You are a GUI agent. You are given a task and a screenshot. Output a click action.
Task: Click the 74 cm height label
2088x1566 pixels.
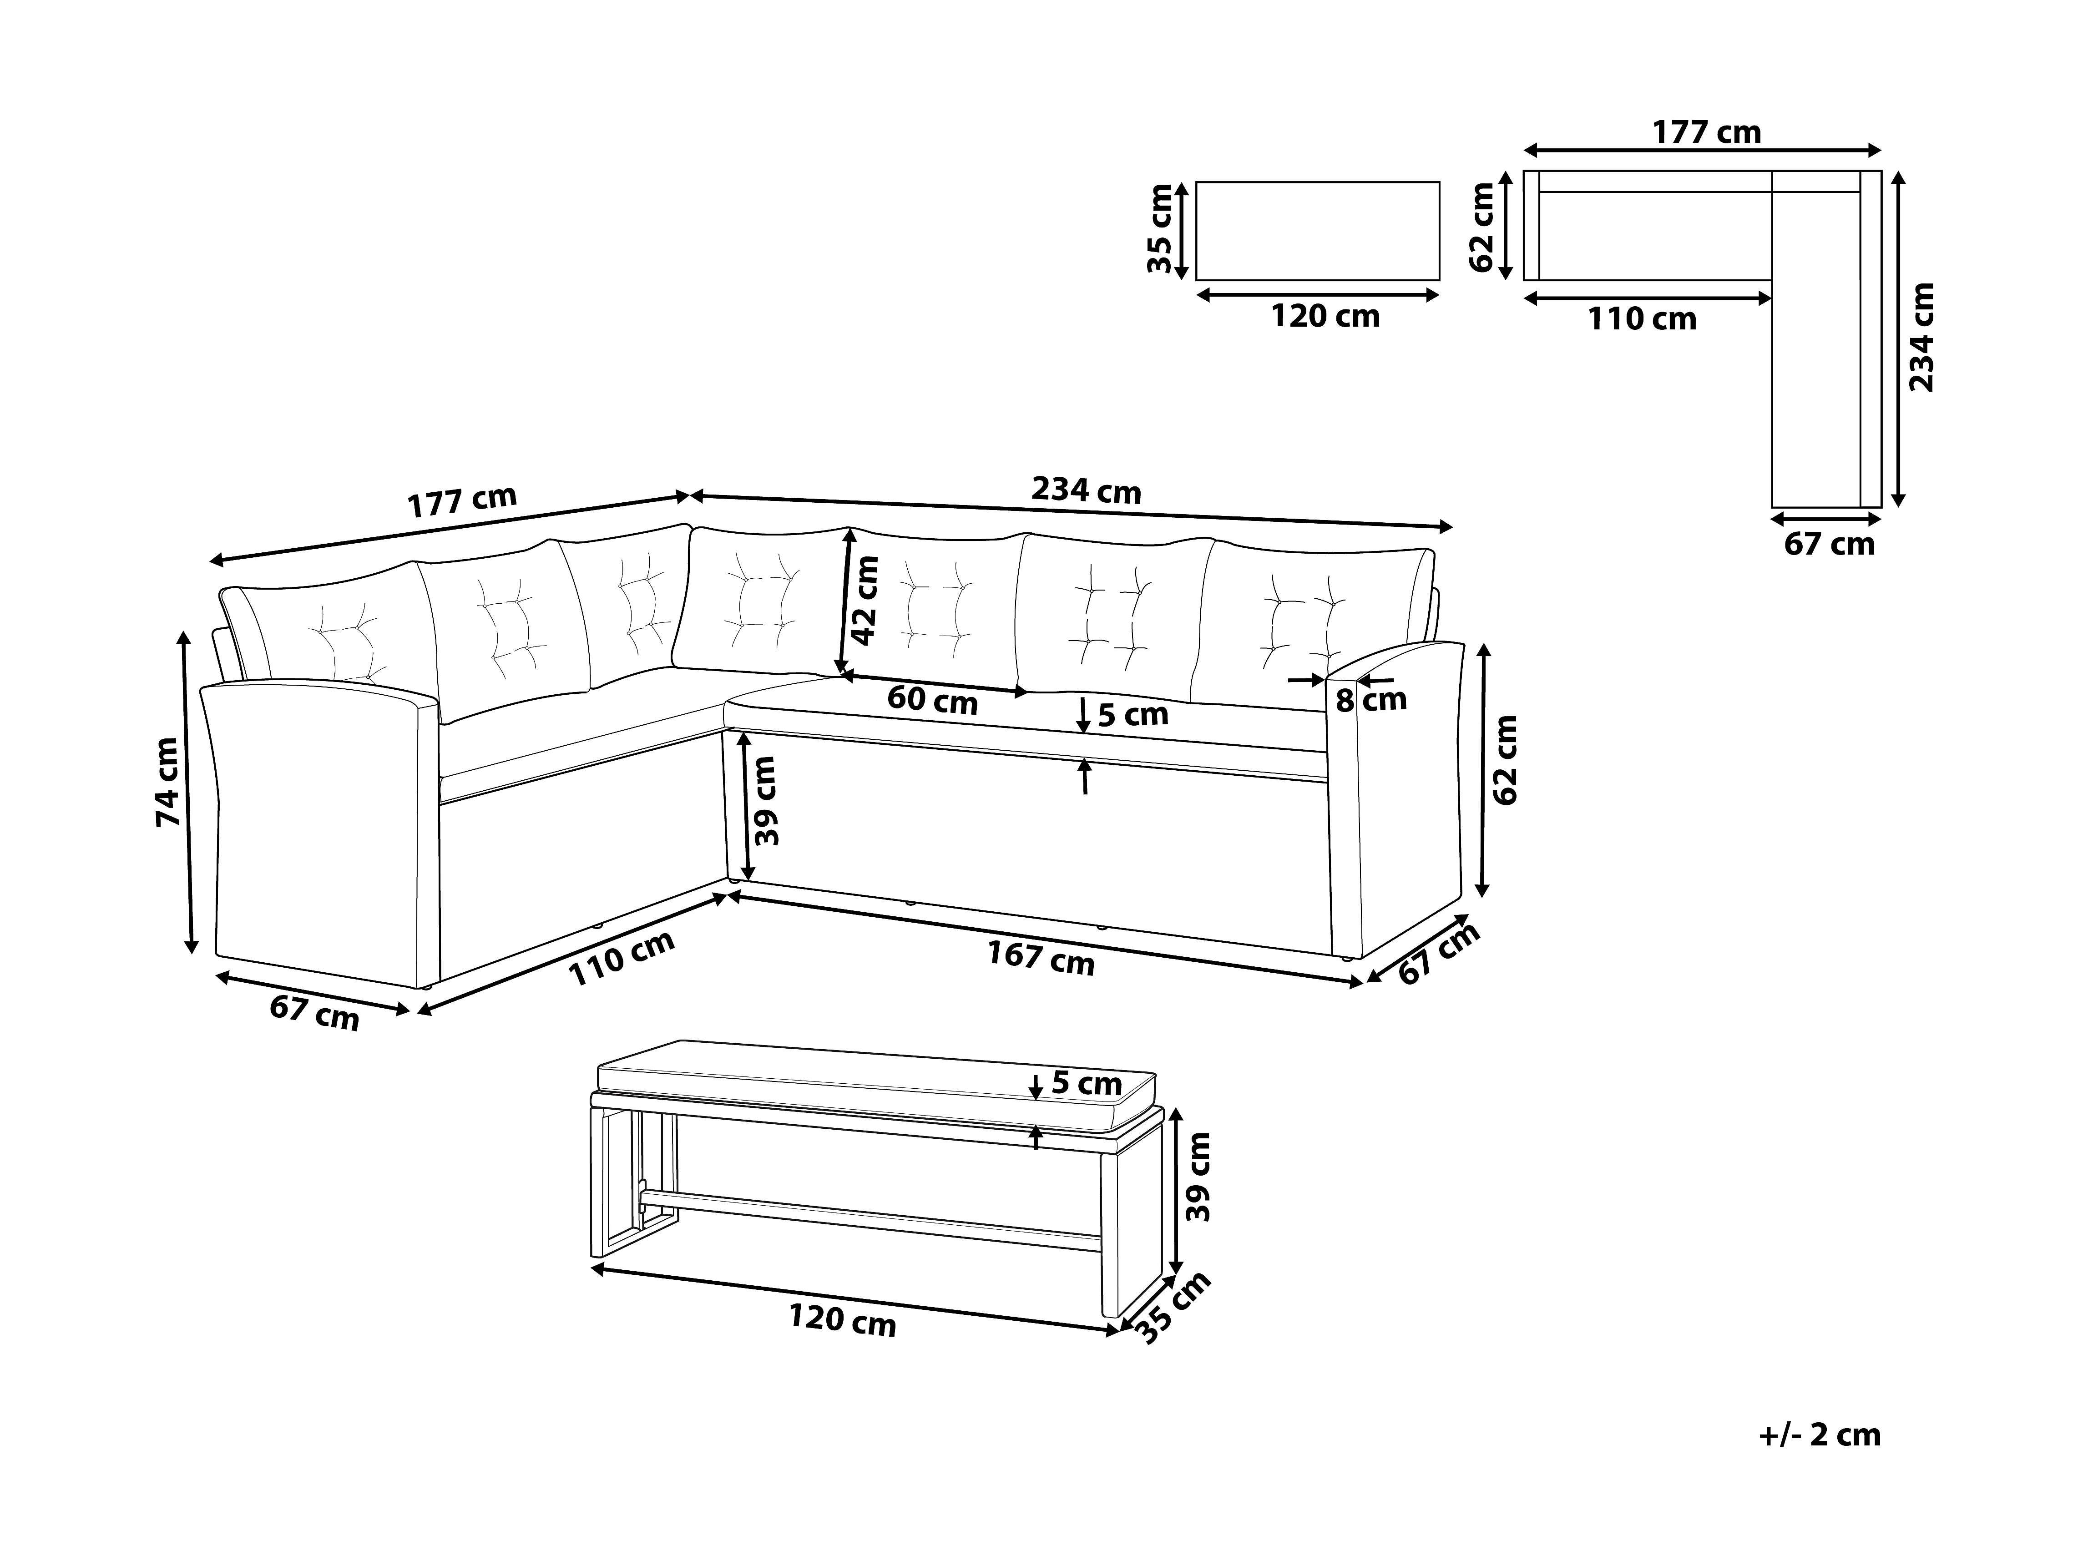[168, 782]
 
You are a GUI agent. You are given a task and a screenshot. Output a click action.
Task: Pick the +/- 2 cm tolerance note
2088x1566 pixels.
[1820, 1435]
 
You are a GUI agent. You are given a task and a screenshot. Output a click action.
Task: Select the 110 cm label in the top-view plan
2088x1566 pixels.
[1642, 319]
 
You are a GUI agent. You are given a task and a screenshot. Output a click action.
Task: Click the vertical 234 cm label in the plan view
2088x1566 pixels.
[1921, 337]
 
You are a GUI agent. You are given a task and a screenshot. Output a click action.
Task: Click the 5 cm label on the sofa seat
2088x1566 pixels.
[1133, 715]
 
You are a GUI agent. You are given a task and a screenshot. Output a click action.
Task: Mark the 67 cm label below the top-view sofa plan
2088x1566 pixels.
[1828, 545]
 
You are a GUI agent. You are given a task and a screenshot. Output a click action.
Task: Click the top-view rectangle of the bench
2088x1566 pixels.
[1318, 231]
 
